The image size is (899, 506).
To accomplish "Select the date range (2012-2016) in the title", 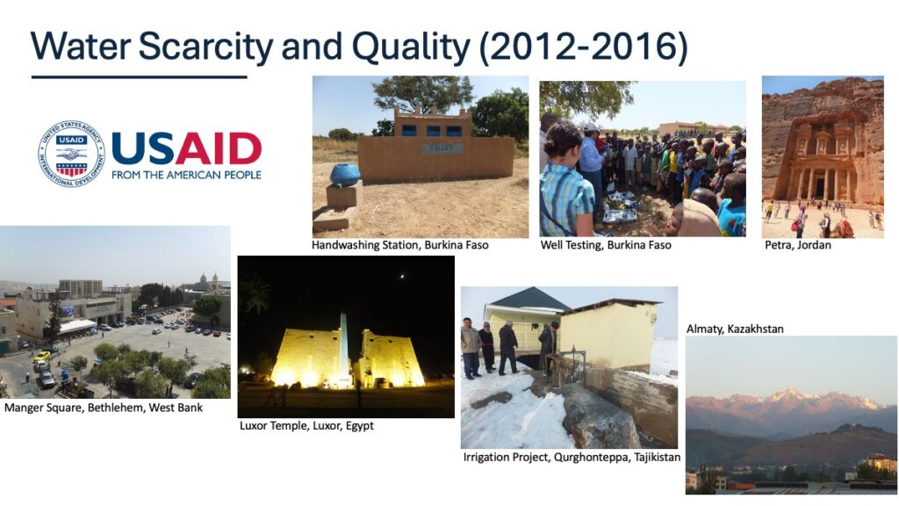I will (583, 46).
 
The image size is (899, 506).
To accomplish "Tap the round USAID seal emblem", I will (69, 153).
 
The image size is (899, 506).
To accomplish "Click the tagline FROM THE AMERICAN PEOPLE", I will (186, 175).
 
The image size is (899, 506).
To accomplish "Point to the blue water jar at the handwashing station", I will (345, 174).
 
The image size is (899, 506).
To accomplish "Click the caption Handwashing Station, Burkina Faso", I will (399, 245).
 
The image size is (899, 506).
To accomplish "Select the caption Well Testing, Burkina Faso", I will (605, 245).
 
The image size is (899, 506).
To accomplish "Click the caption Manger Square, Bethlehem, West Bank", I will (104, 408).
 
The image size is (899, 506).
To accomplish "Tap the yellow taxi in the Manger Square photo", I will (41, 357).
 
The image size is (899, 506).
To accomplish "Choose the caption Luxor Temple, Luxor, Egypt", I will (306, 426).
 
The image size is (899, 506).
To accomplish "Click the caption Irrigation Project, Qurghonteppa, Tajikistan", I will (572, 458).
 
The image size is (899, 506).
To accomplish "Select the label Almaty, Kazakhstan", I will (735, 329).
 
